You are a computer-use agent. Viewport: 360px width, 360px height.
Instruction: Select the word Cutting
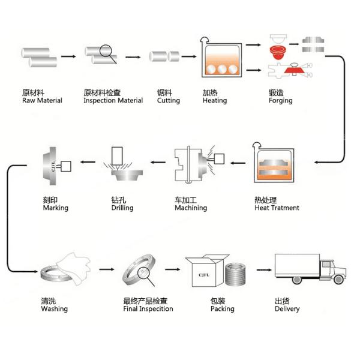click(x=169, y=101)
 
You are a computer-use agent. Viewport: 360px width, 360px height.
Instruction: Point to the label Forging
click(x=281, y=101)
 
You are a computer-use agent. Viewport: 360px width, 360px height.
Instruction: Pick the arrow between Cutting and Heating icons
click(x=190, y=56)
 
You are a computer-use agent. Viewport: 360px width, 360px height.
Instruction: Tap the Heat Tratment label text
click(x=277, y=208)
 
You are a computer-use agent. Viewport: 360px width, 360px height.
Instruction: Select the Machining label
click(x=191, y=208)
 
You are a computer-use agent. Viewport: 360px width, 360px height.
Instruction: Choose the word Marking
click(x=56, y=208)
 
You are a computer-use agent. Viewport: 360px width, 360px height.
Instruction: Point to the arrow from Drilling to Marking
click(x=89, y=161)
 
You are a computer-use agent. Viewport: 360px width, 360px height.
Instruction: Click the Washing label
click(x=54, y=309)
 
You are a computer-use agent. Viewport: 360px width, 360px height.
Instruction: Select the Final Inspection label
click(x=148, y=309)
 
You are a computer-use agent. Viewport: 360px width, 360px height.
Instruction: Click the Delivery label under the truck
click(x=287, y=309)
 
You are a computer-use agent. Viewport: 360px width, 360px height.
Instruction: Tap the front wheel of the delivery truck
click(x=338, y=280)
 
